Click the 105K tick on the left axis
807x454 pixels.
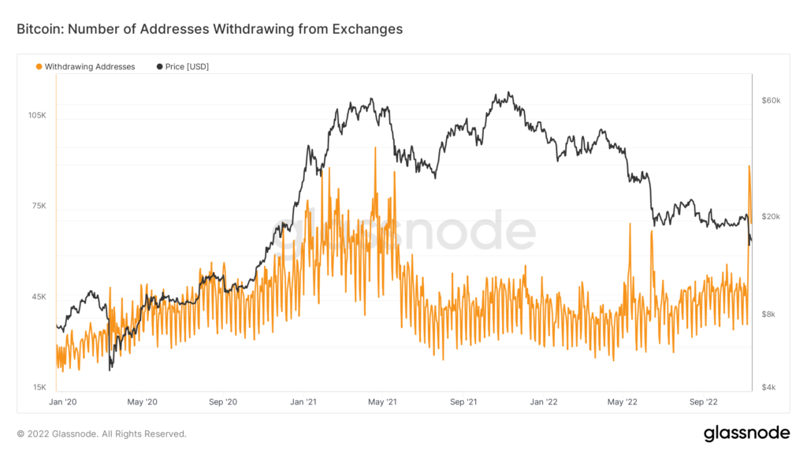(x=37, y=115)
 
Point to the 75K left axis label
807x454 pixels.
(x=39, y=206)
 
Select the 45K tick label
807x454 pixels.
(x=39, y=296)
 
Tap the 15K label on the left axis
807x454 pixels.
(x=39, y=387)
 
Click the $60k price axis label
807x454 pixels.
(x=771, y=101)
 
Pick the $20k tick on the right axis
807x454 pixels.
(x=771, y=216)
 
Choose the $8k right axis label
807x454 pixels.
(x=769, y=314)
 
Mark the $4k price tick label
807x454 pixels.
(x=769, y=387)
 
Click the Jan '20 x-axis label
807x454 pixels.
(x=62, y=402)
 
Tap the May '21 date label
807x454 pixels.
(x=381, y=402)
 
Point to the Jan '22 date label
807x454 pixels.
(x=544, y=402)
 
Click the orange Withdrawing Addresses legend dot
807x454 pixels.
(x=39, y=67)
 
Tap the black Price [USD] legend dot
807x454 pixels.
(x=160, y=67)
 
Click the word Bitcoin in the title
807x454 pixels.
(x=39, y=29)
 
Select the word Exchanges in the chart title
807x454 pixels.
(x=368, y=29)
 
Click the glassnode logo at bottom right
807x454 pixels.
(x=746, y=433)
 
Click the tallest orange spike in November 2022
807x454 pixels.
(x=749, y=166)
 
